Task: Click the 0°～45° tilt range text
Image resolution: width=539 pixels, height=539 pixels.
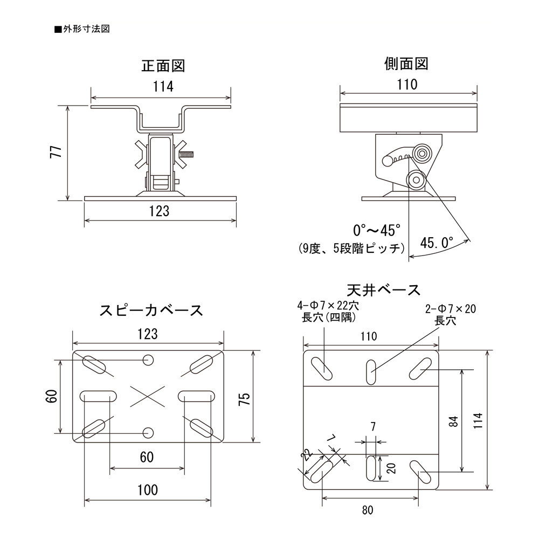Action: [377, 231]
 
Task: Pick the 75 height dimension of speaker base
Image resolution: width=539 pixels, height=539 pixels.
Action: [244, 399]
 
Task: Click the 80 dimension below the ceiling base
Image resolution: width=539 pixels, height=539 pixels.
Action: [369, 510]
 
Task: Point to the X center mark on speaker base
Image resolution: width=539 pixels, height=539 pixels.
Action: [147, 397]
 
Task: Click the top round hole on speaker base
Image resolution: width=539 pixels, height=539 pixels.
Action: [148, 360]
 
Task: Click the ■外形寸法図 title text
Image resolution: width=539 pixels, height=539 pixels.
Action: [82, 29]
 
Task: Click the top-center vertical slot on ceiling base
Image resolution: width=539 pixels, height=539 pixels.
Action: [371, 371]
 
